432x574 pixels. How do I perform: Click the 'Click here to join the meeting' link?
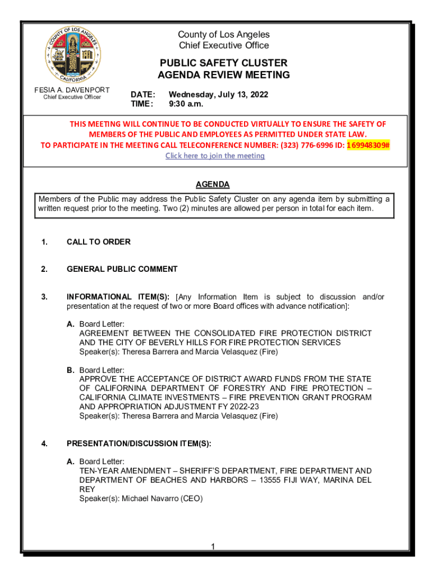(x=215, y=156)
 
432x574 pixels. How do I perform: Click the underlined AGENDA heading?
(x=212, y=184)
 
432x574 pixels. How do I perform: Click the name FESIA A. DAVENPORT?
(x=72, y=90)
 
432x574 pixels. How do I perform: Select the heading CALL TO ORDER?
(x=98, y=242)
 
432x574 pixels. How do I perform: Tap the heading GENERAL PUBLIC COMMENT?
(x=122, y=269)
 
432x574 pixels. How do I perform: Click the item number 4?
(x=44, y=443)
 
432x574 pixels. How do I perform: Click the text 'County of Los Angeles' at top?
(x=223, y=35)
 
